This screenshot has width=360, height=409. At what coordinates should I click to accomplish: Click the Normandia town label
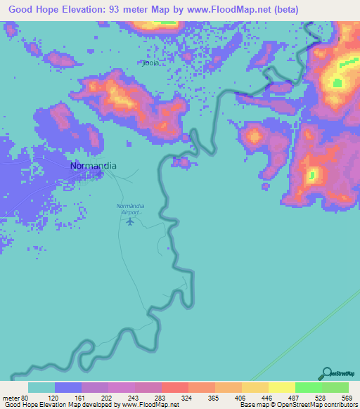click(x=94, y=166)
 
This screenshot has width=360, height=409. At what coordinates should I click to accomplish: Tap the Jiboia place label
click(x=150, y=63)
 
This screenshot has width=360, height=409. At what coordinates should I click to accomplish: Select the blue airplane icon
click(x=130, y=222)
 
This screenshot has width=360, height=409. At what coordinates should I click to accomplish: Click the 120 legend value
click(x=53, y=398)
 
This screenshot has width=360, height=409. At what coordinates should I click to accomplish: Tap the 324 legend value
click(x=186, y=398)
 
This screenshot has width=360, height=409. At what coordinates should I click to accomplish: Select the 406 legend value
click(x=239, y=398)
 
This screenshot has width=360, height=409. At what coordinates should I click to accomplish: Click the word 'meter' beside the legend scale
click(x=10, y=398)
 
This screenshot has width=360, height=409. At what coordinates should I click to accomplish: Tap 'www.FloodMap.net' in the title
click(x=226, y=10)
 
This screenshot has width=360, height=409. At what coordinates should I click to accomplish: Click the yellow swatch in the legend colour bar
click(x=281, y=387)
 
